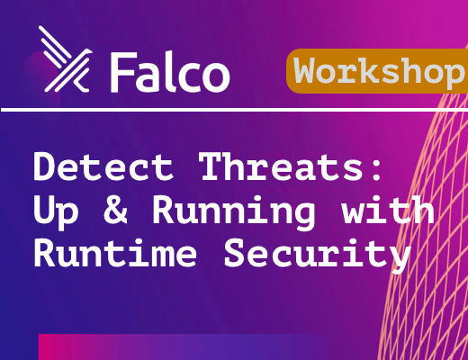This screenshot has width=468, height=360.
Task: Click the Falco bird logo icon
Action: coord(66,59)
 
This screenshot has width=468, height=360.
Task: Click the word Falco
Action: coord(170,72)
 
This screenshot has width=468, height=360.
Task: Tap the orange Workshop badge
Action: coord(377,71)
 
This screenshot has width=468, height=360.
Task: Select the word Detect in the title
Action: coord(103,166)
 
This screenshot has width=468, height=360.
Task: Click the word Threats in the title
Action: coord(282,166)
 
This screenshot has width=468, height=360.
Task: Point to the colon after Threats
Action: coord(376,170)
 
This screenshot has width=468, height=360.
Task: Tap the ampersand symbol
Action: coord(116,210)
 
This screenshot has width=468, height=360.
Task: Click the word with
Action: coord(388,209)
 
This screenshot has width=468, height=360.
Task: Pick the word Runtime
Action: coord(115,253)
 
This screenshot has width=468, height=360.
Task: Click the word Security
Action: coord(318,256)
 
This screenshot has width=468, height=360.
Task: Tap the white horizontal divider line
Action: coord(234,110)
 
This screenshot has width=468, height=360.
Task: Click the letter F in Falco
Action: coord(121,73)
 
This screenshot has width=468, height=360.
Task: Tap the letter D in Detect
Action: coord(45,166)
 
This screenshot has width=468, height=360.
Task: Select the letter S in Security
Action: coord(236,253)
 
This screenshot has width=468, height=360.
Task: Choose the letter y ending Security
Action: coord(400,259)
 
